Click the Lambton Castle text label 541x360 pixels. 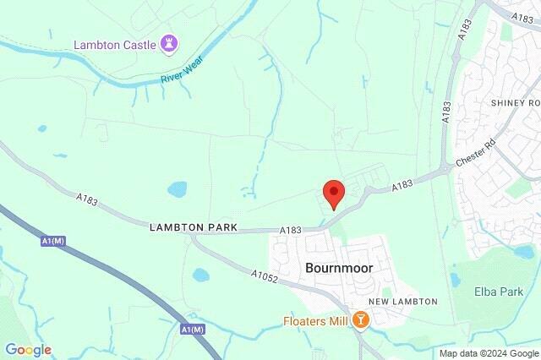pos(117,44)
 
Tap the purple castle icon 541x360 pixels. pos(171,43)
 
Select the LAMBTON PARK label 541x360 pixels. pos(194,228)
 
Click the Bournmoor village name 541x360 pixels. pos(338,268)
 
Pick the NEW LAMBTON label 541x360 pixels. pos(402,302)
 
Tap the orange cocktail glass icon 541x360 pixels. pos(361,320)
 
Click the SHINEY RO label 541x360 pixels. pos(515,102)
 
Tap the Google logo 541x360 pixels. pos(28,350)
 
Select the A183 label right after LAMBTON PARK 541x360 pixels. pos(292,230)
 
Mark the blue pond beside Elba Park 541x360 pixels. pos(455,280)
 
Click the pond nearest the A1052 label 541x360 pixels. pos(200,275)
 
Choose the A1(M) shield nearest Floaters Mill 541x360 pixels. pos(194,328)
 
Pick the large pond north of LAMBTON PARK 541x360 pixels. pos(177,189)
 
